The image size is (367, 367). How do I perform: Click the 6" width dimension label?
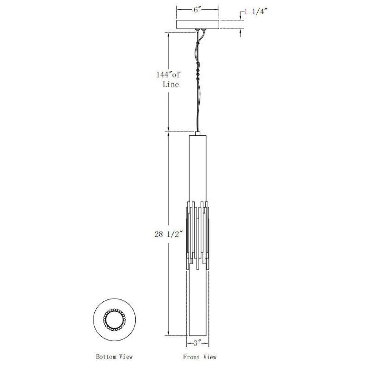pos(197,10)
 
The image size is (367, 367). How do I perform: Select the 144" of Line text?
pos(168,79)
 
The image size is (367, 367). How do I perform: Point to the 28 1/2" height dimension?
pos(168,234)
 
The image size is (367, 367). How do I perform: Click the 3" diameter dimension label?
pos(197,343)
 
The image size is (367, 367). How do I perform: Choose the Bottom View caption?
pos(114,356)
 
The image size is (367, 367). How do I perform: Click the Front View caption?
pos(200,357)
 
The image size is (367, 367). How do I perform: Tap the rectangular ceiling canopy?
pos(197,25)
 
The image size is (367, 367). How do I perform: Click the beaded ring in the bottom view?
pos(114,320)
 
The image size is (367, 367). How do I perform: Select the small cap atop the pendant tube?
pos(197,134)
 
